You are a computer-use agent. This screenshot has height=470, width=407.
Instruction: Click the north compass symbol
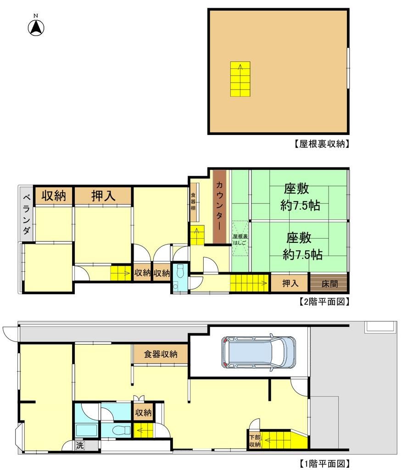click(x=36, y=28)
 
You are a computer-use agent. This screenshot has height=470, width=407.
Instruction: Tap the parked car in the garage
click(x=258, y=352)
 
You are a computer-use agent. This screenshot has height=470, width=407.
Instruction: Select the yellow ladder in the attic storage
click(x=240, y=79)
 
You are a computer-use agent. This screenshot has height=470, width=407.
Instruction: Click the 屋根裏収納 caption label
click(x=322, y=144)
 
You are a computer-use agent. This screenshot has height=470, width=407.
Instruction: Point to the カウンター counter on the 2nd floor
click(x=219, y=207)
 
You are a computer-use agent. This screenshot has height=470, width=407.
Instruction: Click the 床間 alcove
click(x=329, y=283)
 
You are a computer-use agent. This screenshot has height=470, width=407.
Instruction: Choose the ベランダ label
click(x=26, y=214)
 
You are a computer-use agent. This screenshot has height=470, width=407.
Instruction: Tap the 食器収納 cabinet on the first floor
click(x=161, y=354)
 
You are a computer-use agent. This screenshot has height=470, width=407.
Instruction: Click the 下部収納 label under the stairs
click(x=255, y=441)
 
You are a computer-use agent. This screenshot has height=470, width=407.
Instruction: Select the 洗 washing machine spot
click(x=80, y=445)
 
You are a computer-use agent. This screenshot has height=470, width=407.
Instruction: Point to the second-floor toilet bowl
click(x=180, y=272)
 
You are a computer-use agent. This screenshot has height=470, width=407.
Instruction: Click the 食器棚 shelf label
click(x=193, y=201)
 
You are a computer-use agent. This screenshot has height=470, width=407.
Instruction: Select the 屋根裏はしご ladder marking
click(x=240, y=239)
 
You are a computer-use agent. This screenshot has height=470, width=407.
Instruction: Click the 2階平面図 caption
click(x=324, y=301)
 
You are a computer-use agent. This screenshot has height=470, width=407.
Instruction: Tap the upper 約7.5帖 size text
click(x=300, y=206)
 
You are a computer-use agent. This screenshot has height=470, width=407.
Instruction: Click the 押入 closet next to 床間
click(x=290, y=283)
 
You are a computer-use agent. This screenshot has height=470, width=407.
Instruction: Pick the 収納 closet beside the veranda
click(x=54, y=196)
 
